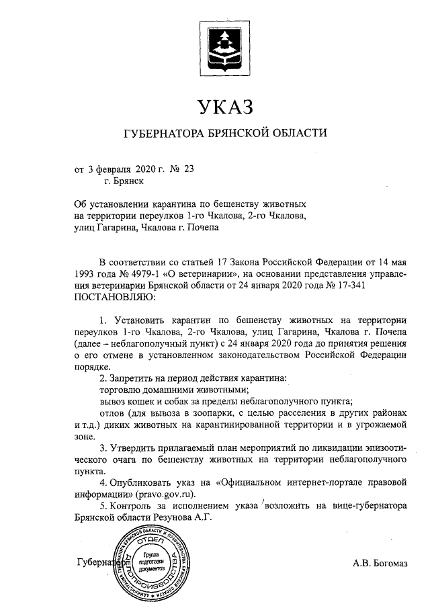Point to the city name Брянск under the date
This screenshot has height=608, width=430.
pyautogui.click(x=124, y=179)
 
